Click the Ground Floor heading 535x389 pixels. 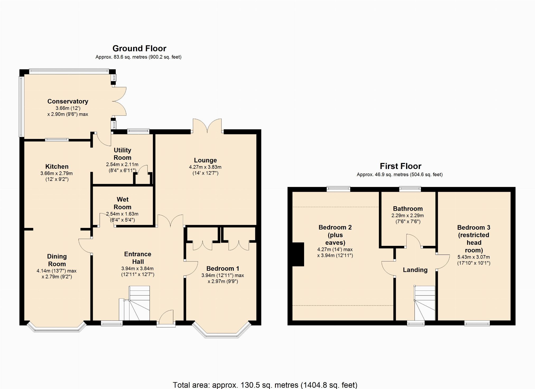[139, 48]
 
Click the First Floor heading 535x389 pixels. [401, 166]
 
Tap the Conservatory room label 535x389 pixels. [68, 101]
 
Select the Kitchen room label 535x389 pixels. [57, 166]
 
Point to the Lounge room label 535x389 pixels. [205, 160]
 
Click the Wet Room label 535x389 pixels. [123, 203]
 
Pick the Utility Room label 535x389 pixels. [122, 154]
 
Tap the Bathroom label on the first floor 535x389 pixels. [408, 209]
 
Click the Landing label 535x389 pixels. [415, 270]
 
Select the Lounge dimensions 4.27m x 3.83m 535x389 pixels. [205, 167]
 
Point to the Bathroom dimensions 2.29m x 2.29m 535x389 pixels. [408, 215]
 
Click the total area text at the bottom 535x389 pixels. [265, 385]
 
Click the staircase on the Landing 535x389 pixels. [425, 303]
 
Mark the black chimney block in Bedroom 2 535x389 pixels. [298, 254]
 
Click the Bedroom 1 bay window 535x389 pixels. [222, 330]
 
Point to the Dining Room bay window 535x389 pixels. [57, 326]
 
